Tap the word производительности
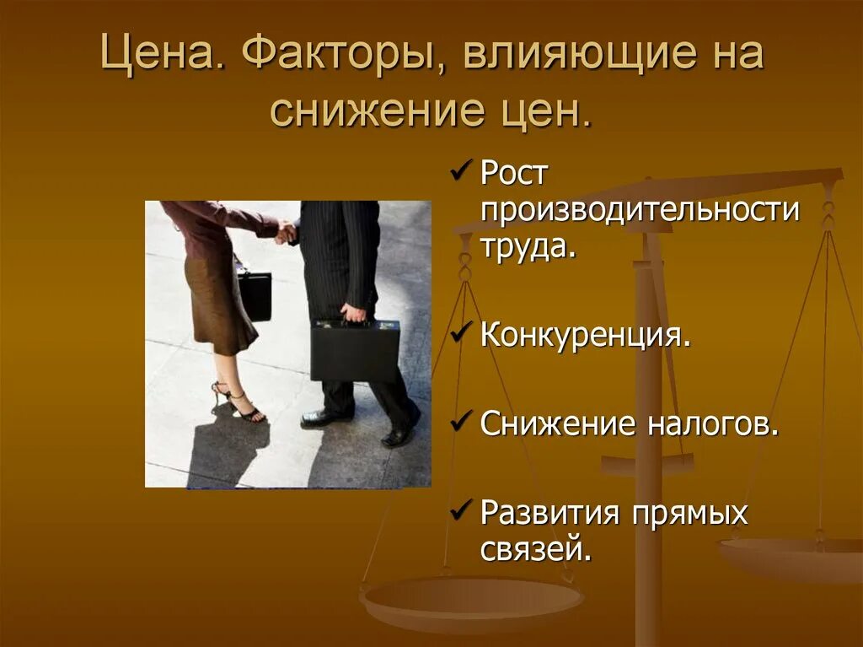tap(639, 210)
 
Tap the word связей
tap(535, 549)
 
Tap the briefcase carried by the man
tap(355, 350)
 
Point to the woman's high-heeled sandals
tap(239, 402)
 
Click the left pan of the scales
tap(471, 601)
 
